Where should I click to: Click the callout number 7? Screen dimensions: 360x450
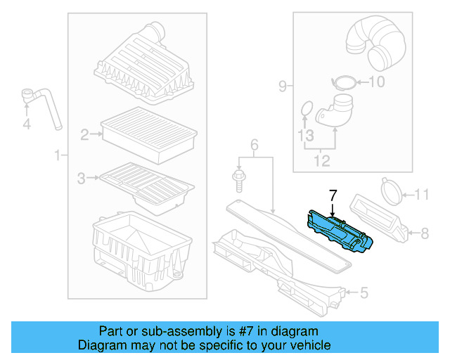333,194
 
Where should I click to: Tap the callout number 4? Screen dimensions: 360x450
27,124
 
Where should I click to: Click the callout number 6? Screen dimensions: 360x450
255,145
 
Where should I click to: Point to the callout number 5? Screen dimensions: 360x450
364,292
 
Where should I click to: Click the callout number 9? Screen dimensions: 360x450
282,87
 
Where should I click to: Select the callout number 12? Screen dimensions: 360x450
321,162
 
